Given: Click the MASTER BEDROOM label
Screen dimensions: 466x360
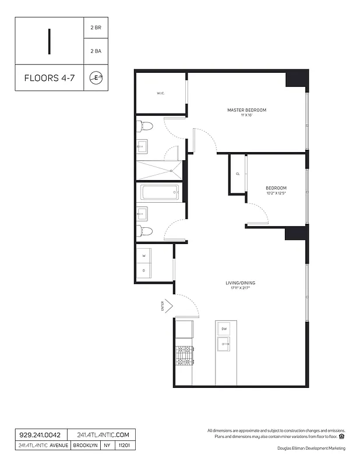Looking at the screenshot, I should [246, 110].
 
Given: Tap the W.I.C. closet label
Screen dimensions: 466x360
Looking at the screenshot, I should [161, 94].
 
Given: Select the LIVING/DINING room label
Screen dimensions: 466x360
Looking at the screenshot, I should [241, 283].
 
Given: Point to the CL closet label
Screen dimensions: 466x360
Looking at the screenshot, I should [238, 174].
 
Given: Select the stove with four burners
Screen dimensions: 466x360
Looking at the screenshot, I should [184, 355].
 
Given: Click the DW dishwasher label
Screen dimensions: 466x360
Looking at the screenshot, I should [224, 329].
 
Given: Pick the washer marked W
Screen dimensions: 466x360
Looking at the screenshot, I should [144, 256].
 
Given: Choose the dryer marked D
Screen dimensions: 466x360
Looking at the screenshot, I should [144, 271].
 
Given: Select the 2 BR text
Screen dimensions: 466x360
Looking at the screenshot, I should [96, 28].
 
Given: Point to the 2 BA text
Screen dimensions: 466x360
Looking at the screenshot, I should [96, 51].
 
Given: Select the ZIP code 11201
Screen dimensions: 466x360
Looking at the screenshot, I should [124, 446].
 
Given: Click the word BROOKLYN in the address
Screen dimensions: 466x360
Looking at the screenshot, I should [85, 446].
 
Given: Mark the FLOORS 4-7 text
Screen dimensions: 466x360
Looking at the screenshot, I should [50, 77].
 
